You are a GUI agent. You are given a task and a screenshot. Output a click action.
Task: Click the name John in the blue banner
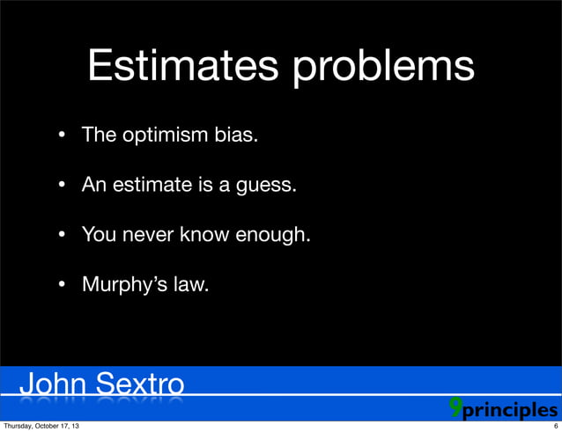click(x=54, y=386)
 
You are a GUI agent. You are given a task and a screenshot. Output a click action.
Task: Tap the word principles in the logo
click(x=510, y=411)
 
